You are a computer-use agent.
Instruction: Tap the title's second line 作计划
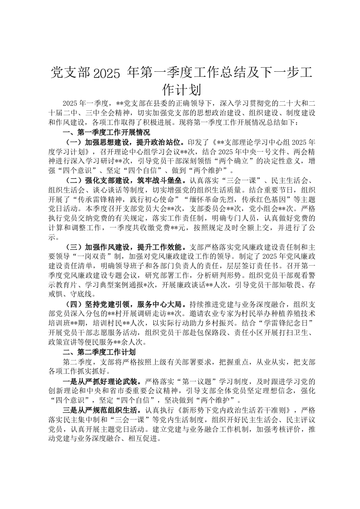click(180, 89)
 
